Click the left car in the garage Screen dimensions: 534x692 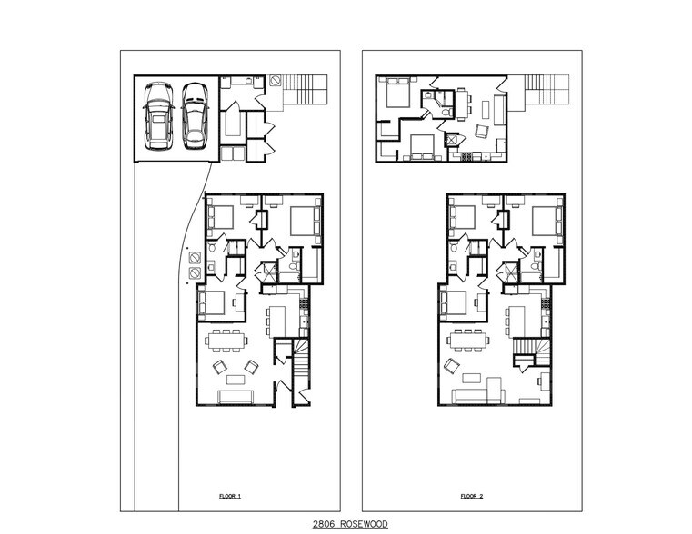point(158,116)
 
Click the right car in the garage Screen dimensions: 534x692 point(195,116)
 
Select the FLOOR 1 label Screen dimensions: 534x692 point(230,497)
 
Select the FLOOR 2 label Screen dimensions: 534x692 point(471,497)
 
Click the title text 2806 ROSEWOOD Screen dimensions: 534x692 point(350,524)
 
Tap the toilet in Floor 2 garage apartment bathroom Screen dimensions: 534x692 point(449,111)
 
